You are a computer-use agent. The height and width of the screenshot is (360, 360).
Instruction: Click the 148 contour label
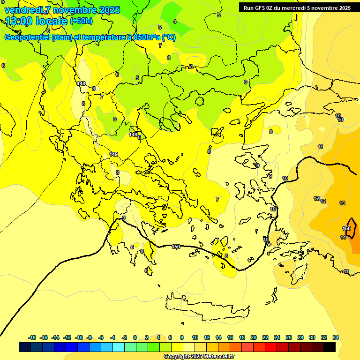point(81,83)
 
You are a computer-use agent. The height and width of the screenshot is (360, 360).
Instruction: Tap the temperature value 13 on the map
point(342,203)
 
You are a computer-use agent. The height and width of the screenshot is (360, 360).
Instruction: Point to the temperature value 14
point(343,237)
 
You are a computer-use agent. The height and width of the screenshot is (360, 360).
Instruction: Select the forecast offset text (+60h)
point(81,21)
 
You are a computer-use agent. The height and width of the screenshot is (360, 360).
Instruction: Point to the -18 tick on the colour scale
point(32,337)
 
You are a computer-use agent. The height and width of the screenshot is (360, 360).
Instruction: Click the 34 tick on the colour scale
point(336,337)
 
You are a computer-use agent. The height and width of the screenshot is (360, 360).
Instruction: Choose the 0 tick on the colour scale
point(135,337)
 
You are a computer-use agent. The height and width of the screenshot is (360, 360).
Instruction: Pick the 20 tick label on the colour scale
point(254,337)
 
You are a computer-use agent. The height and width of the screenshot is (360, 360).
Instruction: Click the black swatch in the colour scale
point(330,347)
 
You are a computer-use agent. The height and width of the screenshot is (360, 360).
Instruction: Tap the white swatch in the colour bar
point(189,347)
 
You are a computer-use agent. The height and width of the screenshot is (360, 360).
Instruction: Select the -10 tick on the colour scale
point(79,337)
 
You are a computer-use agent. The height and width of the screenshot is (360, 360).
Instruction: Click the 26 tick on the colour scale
point(289,337)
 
